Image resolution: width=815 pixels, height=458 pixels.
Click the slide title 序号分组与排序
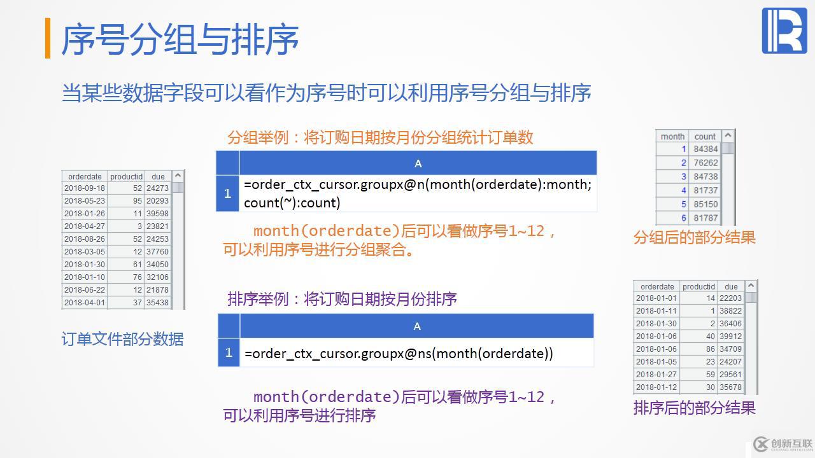click(180, 39)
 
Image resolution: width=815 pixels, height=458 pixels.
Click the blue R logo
click(784, 31)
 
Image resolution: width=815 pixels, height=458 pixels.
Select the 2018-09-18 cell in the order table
click(85, 188)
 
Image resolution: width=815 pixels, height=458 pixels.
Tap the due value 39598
click(157, 214)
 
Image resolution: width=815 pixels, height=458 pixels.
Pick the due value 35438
click(157, 303)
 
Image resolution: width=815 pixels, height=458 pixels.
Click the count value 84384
click(705, 149)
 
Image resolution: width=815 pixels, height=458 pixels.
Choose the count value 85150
click(705, 204)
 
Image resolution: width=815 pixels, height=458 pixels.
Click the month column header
click(672, 136)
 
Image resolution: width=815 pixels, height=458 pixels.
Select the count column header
click(705, 136)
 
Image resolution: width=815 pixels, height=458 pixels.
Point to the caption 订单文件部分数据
click(122, 339)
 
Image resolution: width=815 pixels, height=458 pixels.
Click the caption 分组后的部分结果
click(694, 237)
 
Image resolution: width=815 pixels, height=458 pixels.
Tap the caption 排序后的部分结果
click(694, 408)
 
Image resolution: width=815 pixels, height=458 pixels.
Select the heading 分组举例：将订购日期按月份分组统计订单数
click(380, 137)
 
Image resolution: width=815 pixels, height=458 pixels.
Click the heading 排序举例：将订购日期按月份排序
click(342, 299)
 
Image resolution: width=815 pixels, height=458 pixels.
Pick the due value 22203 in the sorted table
click(730, 298)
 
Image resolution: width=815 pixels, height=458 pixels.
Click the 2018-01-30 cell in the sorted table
click(656, 324)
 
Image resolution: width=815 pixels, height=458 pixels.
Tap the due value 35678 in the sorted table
click(730, 387)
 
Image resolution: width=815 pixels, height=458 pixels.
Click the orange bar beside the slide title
click(48, 39)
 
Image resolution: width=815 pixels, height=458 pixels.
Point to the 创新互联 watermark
click(783, 444)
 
